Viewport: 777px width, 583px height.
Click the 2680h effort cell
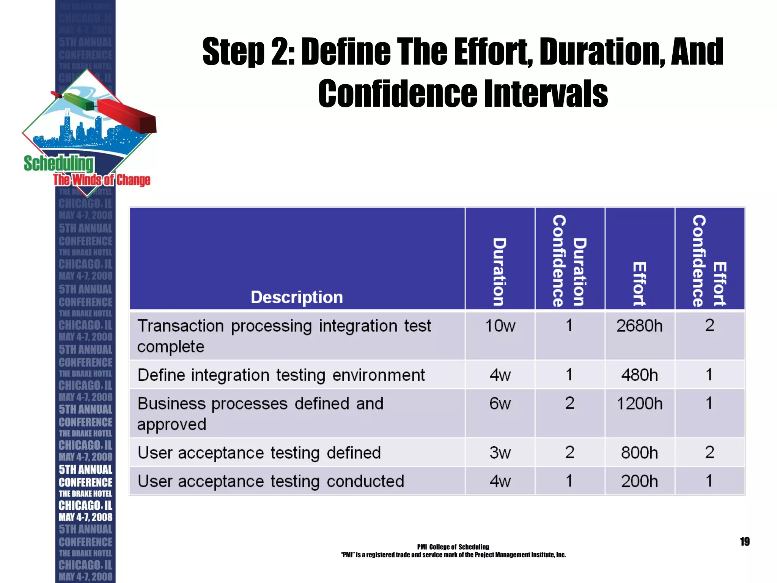(x=639, y=326)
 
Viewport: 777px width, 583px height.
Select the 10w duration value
(x=500, y=326)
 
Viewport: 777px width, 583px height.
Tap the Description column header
(x=297, y=297)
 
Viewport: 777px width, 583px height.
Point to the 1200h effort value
(x=640, y=403)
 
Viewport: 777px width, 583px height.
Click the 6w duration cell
(x=500, y=403)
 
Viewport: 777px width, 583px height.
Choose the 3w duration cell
(x=500, y=453)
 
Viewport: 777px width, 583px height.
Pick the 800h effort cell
(x=639, y=453)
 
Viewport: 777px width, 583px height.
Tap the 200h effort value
(x=639, y=481)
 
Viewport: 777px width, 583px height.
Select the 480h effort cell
(x=639, y=375)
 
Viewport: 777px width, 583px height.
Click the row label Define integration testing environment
(x=281, y=375)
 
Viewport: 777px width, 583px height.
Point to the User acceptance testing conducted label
(x=271, y=481)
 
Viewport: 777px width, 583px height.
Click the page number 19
(x=744, y=542)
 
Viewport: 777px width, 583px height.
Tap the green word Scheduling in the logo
(x=58, y=164)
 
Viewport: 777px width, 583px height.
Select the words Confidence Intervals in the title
(x=463, y=94)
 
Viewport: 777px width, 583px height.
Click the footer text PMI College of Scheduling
(x=453, y=547)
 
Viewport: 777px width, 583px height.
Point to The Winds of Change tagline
(x=102, y=180)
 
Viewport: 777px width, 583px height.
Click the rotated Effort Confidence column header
(x=709, y=261)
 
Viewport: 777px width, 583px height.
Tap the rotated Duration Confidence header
(x=569, y=261)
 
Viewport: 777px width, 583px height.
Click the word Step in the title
(x=233, y=52)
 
